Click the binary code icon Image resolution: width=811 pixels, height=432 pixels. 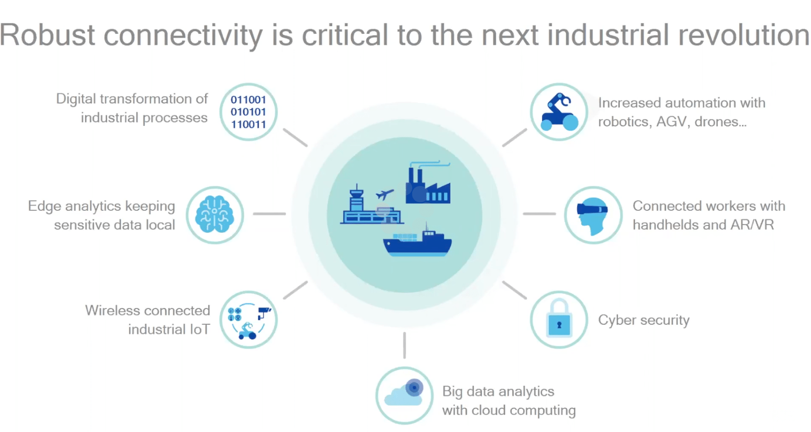(x=249, y=112)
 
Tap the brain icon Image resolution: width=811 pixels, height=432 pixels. (x=214, y=214)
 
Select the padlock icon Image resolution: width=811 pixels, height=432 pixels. (x=559, y=319)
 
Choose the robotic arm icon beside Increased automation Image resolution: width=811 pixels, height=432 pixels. (x=560, y=112)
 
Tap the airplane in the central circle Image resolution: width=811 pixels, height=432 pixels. (x=385, y=194)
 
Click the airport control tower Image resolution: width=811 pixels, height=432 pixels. (x=357, y=198)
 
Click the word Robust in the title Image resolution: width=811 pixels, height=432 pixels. (x=47, y=35)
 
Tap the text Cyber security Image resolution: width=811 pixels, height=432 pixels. (x=644, y=320)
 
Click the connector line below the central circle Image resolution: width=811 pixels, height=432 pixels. (x=405, y=346)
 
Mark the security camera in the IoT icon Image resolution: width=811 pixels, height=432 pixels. (x=264, y=313)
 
